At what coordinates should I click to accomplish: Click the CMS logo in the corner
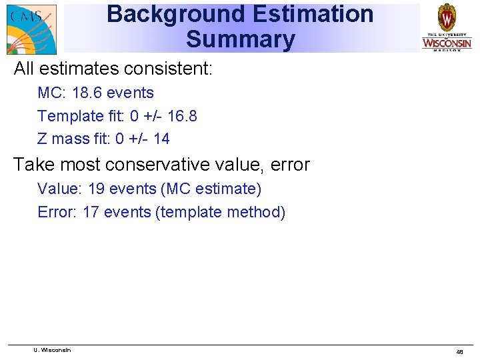(x=31, y=29)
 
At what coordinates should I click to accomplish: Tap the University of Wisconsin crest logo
(x=446, y=27)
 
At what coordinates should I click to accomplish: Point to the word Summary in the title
(x=240, y=39)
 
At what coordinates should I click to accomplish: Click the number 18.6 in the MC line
(x=87, y=93)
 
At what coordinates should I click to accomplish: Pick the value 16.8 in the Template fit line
(x=182, y=116)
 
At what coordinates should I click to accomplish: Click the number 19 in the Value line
(x=96, y=189)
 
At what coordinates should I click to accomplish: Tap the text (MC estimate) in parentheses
(x=211, y=189)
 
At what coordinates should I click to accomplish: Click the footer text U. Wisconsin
(x=52, y=350)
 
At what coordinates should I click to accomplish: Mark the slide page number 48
(x=459, y=351)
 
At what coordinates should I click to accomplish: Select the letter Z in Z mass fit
(x=42, y=139)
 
